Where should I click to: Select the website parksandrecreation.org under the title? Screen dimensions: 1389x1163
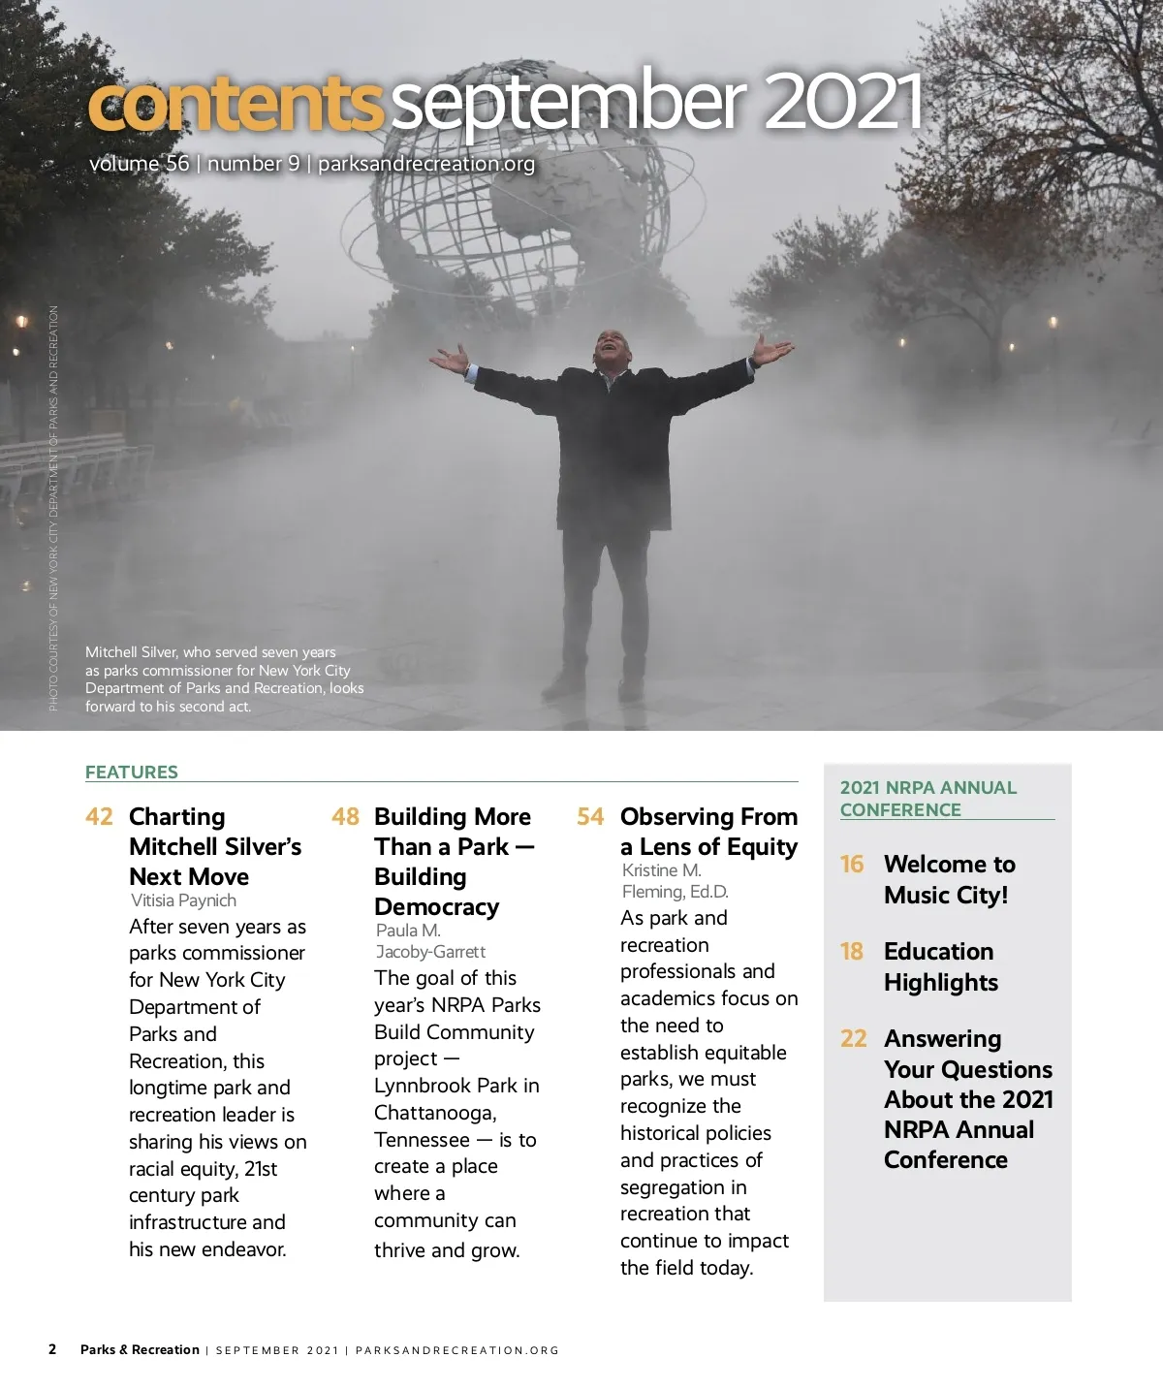click(x=426, y=164)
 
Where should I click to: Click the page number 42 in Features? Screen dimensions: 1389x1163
click(x=99, y=816)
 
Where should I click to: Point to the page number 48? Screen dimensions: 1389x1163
click(x=345, y=816)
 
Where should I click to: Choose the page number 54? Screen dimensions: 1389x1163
click(x=590, y=816)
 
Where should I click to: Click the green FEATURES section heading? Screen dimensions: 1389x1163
click(x=132, y=772)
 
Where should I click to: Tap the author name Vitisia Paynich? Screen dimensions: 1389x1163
click(x=183, y=900)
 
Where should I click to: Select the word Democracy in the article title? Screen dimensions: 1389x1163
click(x=436, y=907)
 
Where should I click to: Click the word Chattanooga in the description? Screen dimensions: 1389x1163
click(x=435, y=1113)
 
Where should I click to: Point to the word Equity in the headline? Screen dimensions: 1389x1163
click(x=758, y=847)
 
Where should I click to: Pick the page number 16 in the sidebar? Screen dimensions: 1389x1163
click(x=852, y=864)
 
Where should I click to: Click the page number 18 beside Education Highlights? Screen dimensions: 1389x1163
click(x=852, y=951)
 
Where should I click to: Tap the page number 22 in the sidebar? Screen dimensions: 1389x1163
click(x=853, y=1038)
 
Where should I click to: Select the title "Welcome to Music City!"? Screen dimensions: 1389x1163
click(x=949, y=879)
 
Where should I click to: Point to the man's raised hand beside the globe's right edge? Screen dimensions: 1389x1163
click(x=772, y=351)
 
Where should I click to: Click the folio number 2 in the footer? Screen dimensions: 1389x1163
click(x=52, y=1349)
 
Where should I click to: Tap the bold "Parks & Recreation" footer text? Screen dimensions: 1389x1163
click(x=140, y=1349)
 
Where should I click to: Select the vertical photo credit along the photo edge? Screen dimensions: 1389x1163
click(x=53, y=508)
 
